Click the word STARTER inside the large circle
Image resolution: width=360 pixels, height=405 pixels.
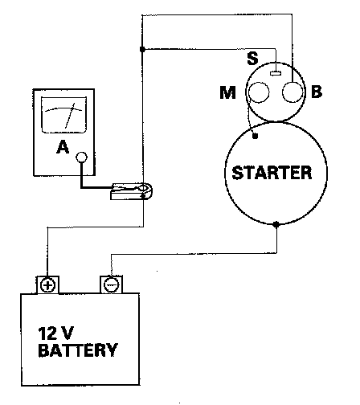(272, 173)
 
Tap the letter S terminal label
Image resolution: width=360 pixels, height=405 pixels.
(252, 59)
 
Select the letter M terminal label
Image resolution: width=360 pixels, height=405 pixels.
(227, 92)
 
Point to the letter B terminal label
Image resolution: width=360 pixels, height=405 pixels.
(317, 92)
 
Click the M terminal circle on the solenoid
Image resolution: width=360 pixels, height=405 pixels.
(259, 92)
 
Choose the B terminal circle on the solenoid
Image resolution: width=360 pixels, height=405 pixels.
(292, 92)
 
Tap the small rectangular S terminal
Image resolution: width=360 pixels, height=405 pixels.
(276, 73)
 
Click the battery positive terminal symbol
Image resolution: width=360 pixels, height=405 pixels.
(47, 285)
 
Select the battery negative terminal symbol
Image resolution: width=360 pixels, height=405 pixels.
(111, 284)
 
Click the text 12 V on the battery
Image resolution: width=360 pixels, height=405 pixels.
(55, 333)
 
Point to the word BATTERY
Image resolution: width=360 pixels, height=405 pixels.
(78, 350)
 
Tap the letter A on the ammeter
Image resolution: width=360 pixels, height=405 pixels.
(63, 147)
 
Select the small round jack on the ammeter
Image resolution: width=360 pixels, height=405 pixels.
(81, 157)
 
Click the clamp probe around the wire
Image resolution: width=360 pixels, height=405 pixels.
(132, 191)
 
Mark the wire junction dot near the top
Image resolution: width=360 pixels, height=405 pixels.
(142, 49)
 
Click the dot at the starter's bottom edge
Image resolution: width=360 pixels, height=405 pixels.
(276, 224)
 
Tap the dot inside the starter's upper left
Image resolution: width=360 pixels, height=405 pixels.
(256, 137)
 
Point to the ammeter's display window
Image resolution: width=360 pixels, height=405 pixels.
(64, 115)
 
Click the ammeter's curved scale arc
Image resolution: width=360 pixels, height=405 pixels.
(63, 108)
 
